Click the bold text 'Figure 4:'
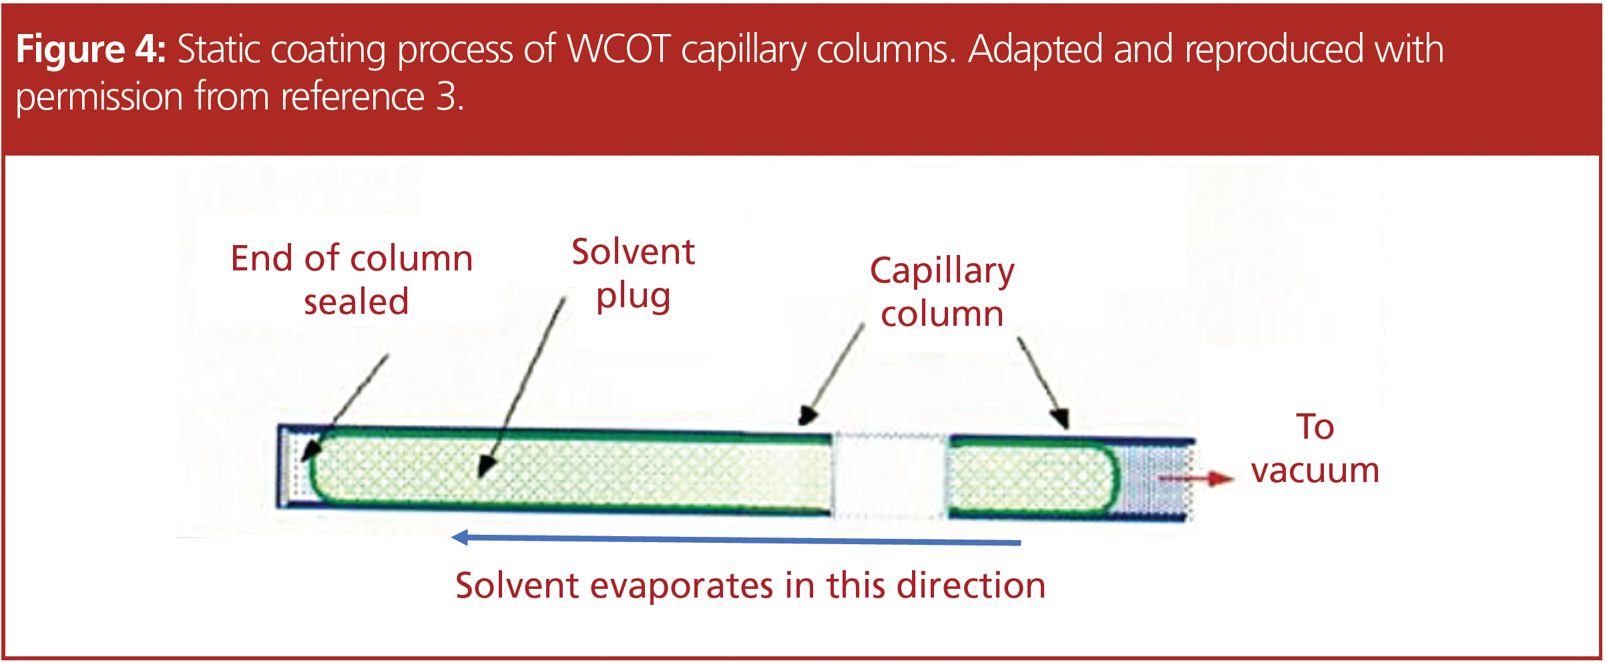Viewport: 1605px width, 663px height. tap(91, 49)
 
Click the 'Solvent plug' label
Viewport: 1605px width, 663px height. tap(633, 274)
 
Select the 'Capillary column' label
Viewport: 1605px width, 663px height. tap(942, 292)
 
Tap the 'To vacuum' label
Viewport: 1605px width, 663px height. tap(1315, 448)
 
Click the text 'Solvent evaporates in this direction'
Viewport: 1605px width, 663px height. tap(750, 586)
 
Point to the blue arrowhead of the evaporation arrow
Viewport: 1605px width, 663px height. tap(461, 537)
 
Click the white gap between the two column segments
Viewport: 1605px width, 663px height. tap(890, 475)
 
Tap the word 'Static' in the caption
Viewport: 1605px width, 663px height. tap(215, 49)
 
